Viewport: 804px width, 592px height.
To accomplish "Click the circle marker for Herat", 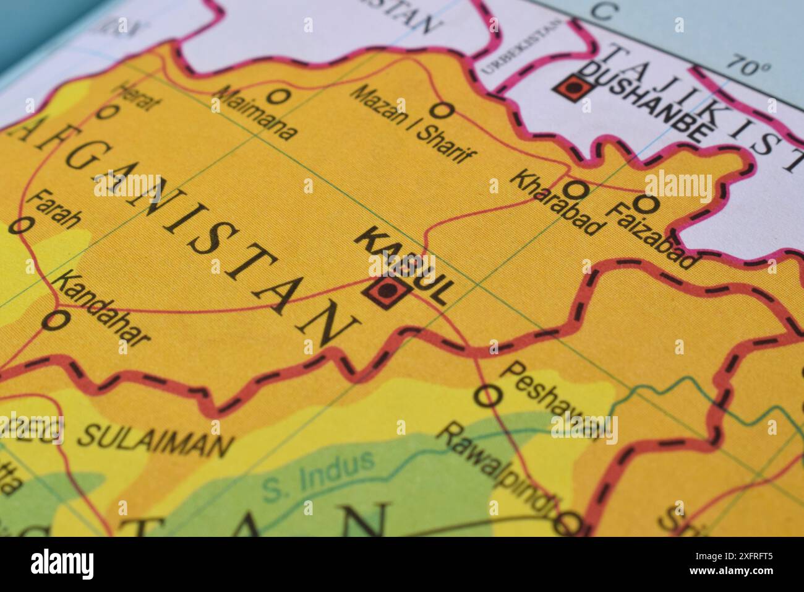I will [108, 112].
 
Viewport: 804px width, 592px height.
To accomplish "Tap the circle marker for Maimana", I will [279, 96].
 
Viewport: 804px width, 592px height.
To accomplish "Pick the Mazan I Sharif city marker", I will [442, 110].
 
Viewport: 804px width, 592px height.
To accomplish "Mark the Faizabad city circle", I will [646, 202].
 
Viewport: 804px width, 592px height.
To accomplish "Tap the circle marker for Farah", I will [19, 225].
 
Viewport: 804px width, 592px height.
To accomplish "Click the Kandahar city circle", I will [56, 320].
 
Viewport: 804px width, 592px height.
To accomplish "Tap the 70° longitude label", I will [749, 64].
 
